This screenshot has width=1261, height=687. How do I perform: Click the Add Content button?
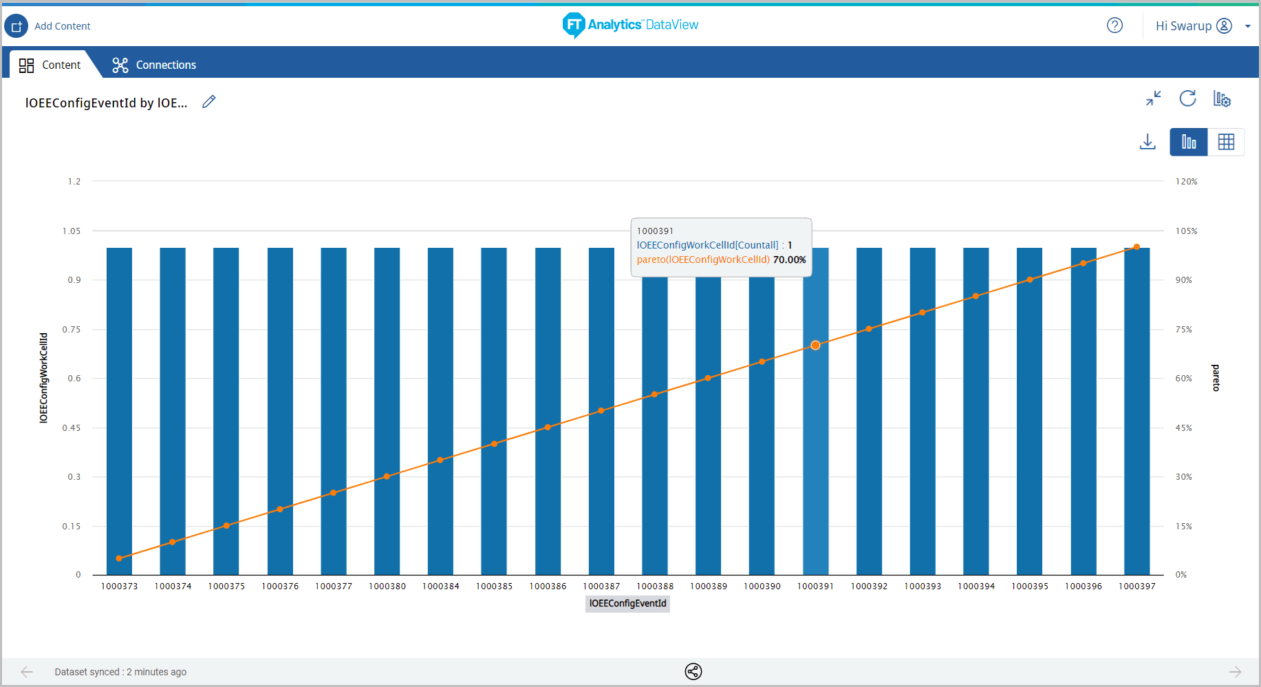[x=48, y=26]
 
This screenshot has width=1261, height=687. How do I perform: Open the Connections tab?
[x=154, y=65]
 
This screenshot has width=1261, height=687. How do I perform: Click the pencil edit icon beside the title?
[x=209, y=102]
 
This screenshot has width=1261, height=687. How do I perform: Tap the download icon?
[x=1147, y=142]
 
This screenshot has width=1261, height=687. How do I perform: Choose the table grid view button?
[x=1226, y=142]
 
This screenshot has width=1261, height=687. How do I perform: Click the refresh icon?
[x=1187, y=98]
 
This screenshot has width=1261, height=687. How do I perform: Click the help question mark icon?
[x=1114, y=25]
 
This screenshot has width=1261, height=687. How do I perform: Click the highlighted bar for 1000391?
[x=815, y=447]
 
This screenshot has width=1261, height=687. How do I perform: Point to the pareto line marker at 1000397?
[x=1136, y=247]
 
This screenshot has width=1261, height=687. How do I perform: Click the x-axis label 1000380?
[x=387, y=586]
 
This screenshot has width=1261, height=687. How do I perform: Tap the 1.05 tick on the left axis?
[x=72, y=231]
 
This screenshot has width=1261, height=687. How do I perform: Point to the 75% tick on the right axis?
[x=1183, y=330]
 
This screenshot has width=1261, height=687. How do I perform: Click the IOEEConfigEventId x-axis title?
[x=627, y=604]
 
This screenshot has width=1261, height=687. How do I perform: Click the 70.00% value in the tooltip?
[x=789, y=260]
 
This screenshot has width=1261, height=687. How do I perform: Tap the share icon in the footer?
[x=693, y=672]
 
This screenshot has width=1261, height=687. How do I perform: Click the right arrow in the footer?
[x=1235, y=672]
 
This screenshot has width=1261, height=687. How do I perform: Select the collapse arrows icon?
[x=1154, y=98]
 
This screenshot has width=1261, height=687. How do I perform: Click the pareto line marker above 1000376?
[x=280, y=509]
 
